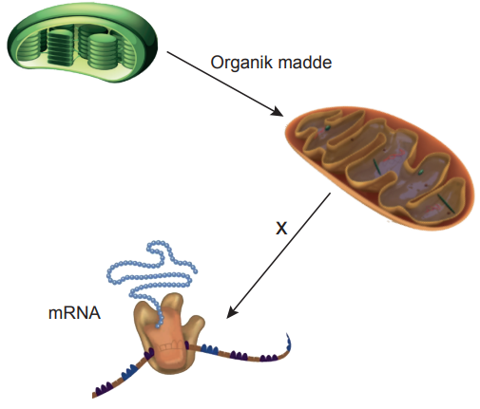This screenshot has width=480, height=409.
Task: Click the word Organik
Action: click(x=240, y=63)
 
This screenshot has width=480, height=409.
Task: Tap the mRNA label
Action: click(x=74, y=313)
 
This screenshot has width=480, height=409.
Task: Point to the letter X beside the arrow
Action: click(x=281, y=228)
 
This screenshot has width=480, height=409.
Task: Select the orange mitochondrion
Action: click(x=379, y=168)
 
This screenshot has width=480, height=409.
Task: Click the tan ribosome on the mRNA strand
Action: click(x=168, y=334)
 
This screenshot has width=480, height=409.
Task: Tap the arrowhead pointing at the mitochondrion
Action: click(x=278, y=112)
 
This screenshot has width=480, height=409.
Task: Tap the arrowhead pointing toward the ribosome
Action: click(x=232, y=312)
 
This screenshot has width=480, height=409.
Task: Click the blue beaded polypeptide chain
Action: click(x=150, y=278)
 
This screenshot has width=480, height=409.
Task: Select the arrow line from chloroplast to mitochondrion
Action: click(x=225, y=84)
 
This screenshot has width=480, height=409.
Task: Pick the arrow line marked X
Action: click(x=278, y=255)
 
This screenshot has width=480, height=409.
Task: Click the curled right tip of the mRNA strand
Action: click(x=288, y=342)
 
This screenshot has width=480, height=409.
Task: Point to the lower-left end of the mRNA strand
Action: click(x=94, y=395)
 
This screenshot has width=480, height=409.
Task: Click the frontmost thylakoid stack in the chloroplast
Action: click(x=102, y=51)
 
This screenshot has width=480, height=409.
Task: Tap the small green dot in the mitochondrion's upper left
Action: click(x=328, y=128)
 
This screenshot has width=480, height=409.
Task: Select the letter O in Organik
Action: click(x=217, y=63)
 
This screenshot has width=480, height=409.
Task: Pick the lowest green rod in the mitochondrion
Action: click(x=446, y=203)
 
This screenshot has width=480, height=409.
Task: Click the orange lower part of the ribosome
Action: click(x=168, y=348)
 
